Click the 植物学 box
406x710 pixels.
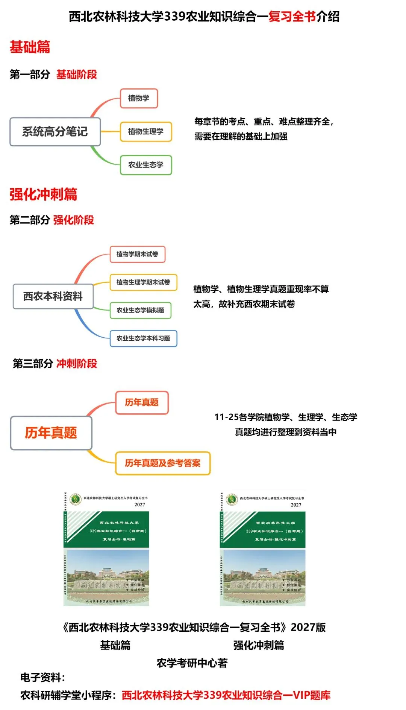[139, 98]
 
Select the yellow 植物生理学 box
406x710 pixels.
[146, 131]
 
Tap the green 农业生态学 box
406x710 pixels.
[146, 165]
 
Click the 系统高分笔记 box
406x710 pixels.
[55, 132]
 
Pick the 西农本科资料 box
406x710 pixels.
[53, 296]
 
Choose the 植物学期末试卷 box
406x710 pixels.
[137, 254]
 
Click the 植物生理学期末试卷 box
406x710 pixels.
[143, 282]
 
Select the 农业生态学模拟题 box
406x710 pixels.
[140, 310]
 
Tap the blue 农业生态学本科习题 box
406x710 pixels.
[143, 338]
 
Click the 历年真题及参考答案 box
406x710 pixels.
[163, 463]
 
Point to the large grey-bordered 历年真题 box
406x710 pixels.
[51, 433]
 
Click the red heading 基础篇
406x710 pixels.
[30, 47]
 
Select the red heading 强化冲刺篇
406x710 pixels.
[43, 194]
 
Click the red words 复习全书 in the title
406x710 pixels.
[292, 17]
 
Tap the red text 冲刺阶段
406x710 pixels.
[77, 364]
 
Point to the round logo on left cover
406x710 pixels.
[76, 499]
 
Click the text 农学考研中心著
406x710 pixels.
[192, 663]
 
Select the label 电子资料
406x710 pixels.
[42, 678]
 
